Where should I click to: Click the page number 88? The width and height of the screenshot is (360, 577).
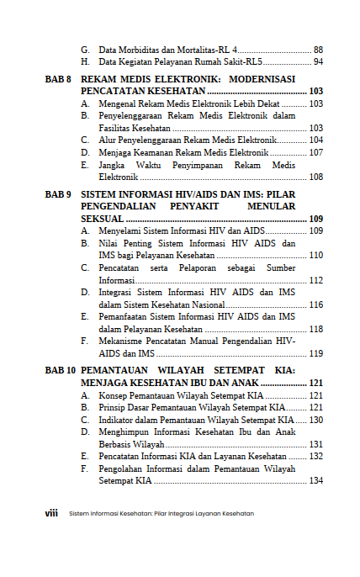(x=317, y=50)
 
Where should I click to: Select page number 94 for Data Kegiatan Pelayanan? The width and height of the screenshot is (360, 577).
(x=317, y=62)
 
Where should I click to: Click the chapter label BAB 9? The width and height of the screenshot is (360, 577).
(x=58, y=194)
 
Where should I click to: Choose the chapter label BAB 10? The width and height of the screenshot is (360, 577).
(x=61, y=370)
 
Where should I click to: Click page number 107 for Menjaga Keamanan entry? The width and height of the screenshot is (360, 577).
(x=315, y=152)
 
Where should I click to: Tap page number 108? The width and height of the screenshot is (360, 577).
(x=315, y=177)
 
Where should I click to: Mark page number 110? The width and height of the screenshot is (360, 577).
(x=315, y=256)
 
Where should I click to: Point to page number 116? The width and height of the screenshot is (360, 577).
(x=315, y=304)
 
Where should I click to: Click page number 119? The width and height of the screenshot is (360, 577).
(x=315, y=354)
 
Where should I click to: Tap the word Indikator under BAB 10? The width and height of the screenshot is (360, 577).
(x=119, y=419)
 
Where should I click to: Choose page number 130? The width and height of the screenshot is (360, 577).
(x=315, y=419)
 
